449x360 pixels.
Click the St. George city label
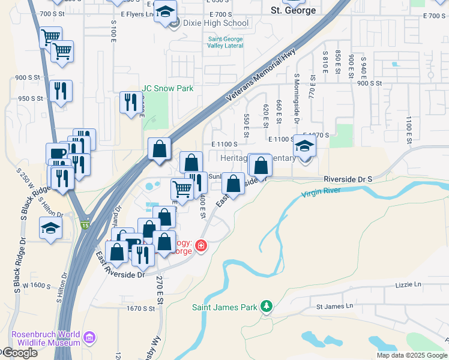pyautogui.click(x=293, y=10)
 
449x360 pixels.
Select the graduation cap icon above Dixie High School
pyautogui.click(x=165, y=12)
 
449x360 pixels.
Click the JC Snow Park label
pyautogui.click(x=167, y=88)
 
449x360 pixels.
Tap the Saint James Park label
pyautogui.click(x=225, y=308)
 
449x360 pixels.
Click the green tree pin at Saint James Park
pyautogui.click(x=267, y=307)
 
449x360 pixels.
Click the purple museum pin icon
pyautogui.click(x=90, y=338)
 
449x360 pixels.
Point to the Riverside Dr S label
pyautogui.click(x=348, y=179)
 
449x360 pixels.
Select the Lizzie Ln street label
pyautogui.click(x=409, y=284)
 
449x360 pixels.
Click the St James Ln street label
pyautogui.click(x=335, y=306)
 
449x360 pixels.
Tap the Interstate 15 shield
pyautogui.click(x=84, y=224)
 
